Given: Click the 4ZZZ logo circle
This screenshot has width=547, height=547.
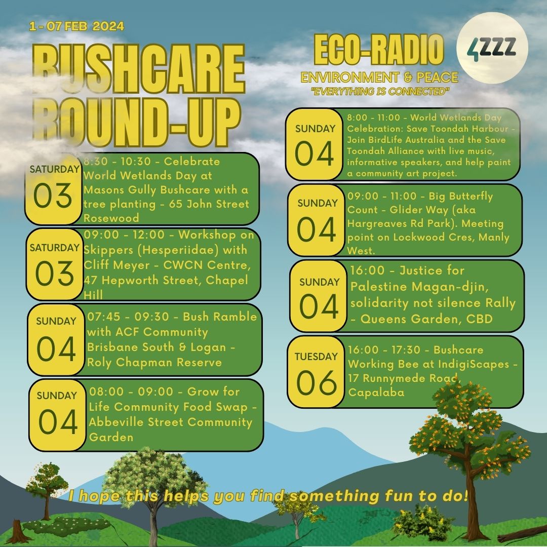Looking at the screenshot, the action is click(492, 48).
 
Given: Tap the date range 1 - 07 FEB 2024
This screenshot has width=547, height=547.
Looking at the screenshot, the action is click(76, 26).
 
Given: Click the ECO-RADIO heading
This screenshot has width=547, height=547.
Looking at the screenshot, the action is click(379, 50).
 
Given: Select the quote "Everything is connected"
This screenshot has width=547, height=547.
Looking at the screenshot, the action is click(380, 92).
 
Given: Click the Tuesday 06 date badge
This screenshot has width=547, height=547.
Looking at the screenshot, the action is click(316, 372).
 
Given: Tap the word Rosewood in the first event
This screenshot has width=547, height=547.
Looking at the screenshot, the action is click(111, 218).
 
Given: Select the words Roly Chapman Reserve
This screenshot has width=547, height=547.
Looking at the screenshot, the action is click(154, 362).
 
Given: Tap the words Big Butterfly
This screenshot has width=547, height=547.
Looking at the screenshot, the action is click(460, 197).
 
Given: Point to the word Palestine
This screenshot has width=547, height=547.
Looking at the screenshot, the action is click(379, 286).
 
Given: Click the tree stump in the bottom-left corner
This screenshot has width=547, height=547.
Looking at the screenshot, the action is click(15, 532).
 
